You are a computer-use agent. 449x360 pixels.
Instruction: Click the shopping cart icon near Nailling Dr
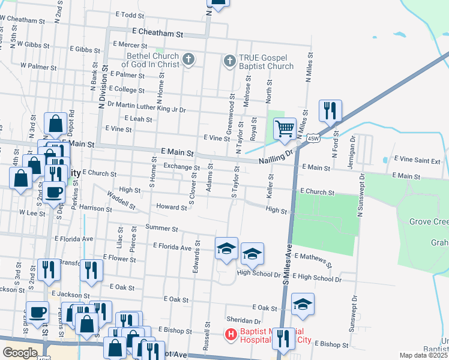[285, 128]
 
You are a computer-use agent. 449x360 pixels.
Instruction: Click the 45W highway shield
[313, 139]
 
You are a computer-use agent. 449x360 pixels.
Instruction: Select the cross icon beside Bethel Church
[188, 59]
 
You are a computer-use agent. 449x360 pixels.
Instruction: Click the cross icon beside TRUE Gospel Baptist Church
[229, 61]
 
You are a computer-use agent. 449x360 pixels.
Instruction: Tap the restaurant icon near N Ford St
[330, 110]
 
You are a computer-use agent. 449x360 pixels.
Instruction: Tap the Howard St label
[172, 207]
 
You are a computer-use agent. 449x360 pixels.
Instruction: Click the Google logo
[20, 352]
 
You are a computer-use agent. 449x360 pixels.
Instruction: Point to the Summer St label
[161, 229]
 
